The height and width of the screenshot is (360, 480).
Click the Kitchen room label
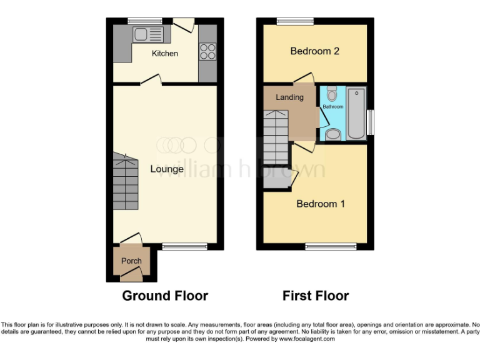click(x=165, y=53)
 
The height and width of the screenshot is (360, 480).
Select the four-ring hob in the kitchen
click(x=207, y=52)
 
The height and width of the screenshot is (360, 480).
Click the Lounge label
click(x=167, y=169)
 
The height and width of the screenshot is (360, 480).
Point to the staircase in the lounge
click(x=125, y=183)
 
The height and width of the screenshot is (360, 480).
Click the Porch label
click(x=131, y=261)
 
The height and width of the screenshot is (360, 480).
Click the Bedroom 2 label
click(x=315, y=51)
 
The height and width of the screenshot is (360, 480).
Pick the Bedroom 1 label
click(x=321, y=204)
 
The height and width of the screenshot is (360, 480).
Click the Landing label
click(x=289, y=97)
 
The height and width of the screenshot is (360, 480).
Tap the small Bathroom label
click(x=332, y=107)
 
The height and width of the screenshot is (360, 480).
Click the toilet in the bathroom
click(x=332, y=94)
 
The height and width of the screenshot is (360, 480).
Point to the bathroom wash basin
click(x=333, y=134)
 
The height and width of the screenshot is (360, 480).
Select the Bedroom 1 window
click(x=331, y=247)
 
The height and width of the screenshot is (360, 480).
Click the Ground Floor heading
click(x=165, y=296)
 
